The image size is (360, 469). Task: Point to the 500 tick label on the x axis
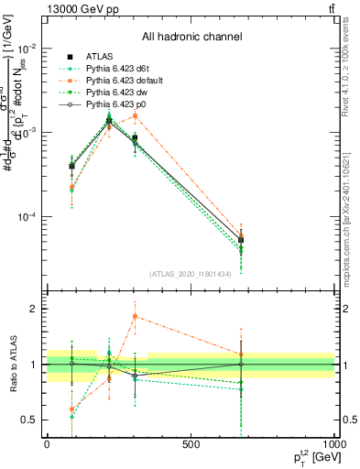tap(191, 444)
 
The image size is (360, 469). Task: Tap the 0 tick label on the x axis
tap(47, 444)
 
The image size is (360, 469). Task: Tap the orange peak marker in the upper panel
tap(135, 116)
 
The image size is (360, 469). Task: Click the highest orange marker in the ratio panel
tap(135, 317)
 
